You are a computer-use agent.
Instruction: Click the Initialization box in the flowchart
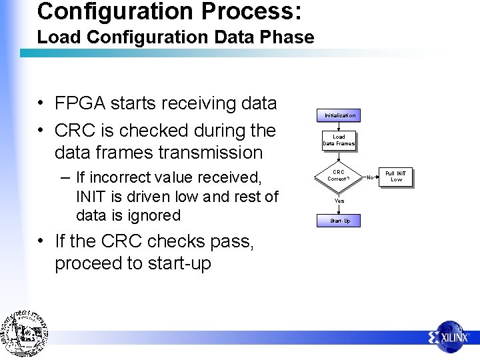340,115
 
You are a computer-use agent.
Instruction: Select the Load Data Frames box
339,140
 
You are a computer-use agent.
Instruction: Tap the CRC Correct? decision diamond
339,175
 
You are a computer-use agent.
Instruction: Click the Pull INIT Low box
396,177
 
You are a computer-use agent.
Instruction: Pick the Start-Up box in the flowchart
340,221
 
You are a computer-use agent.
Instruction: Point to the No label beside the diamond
371,177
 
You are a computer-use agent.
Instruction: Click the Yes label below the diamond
339,201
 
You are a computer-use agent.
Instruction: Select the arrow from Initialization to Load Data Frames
339,126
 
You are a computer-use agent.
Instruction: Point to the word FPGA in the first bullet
80,103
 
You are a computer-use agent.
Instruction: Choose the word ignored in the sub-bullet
155,215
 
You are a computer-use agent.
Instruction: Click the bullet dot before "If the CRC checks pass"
41,241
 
